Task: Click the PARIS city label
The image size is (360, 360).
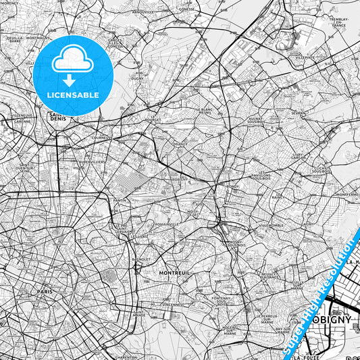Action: (45, 292)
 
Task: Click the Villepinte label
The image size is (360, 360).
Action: (305, 59)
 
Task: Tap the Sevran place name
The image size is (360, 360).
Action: (298, 113)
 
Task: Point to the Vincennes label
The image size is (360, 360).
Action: (172, 305)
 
